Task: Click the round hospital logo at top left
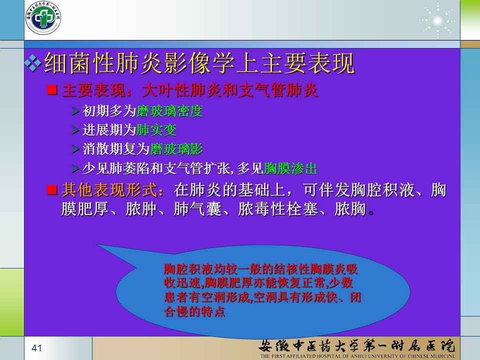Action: (x=43, y=17)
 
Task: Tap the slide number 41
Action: (x=36, y=348)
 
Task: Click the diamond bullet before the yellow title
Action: (x=33, y=63)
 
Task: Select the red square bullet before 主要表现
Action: (x=52, y=89)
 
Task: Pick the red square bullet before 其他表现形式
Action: (x=52, y=190)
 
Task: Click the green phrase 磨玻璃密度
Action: (x=169, y=111)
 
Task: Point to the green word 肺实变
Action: (x=156, y=130)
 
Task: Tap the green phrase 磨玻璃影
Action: (x=176, y=149)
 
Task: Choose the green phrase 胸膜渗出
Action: (x=290, y=168)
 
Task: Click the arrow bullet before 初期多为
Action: (x=75, y=111)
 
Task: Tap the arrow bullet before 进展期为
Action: (x=75, y=130)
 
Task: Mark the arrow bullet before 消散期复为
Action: (x=75, y=149)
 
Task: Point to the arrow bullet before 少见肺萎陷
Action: (x=75, y=168)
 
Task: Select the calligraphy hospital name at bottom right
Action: (x=357, y=345)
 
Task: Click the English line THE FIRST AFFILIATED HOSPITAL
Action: (x=357, y=356)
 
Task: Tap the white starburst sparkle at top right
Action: (x=438, y=21)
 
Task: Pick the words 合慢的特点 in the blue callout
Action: (x=194, y=311)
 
